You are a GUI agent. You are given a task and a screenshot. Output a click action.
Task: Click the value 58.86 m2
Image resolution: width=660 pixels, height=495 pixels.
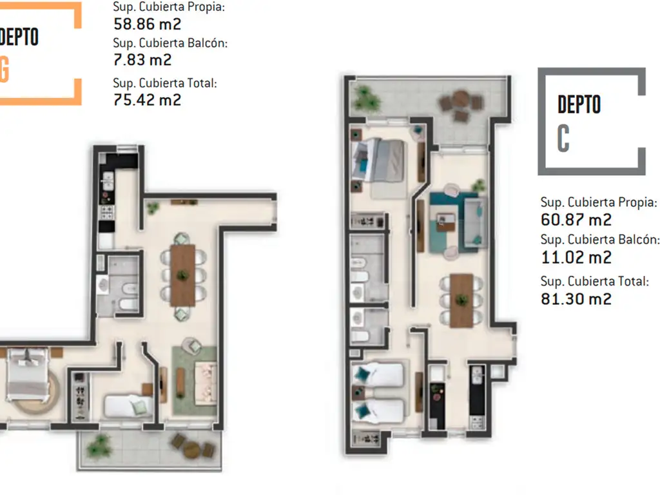(x=148, y=24)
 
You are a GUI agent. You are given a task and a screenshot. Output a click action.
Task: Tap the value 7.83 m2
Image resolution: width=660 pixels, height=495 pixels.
(x=142, y=60)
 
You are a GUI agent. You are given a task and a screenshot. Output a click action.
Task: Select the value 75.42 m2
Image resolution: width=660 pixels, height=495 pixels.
(x=148, y=100)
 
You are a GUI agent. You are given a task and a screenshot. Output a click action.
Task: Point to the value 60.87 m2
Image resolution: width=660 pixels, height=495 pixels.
(x=576, y=220)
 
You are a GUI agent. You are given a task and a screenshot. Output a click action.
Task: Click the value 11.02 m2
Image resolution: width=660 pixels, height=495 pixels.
(x=576, y=257)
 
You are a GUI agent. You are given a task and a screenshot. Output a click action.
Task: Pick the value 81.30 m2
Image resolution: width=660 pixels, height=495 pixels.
(x=576, y=299)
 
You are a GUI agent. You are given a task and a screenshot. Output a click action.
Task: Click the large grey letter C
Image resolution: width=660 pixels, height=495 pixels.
(x=563, y=138)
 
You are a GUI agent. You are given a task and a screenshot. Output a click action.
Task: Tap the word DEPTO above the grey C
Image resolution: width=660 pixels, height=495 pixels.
(x=579, y=104)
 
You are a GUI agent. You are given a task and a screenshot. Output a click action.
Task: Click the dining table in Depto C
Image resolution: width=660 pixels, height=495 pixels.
(x=461, y=300)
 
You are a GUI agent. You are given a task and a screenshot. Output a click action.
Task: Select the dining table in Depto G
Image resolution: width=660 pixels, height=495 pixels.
(x=182, y=276)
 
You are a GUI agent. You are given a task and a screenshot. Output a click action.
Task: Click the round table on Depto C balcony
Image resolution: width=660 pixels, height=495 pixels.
(x=460, y=100)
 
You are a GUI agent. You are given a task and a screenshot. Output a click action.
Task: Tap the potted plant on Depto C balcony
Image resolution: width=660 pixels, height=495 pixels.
(x=365, y=98)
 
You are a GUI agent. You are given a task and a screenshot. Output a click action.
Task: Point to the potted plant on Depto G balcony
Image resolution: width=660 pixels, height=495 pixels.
(x=99, y=446)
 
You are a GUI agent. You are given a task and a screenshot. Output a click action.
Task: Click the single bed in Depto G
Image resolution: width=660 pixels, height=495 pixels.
(x=128, y=405)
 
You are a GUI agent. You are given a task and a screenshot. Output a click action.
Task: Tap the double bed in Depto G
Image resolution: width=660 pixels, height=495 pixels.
(x=28, y=374)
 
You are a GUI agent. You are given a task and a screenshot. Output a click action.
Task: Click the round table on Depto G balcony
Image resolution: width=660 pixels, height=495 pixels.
(x=191, y=449)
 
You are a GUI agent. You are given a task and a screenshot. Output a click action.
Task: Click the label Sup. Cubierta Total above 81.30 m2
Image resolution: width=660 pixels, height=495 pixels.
(x=594, y=281)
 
